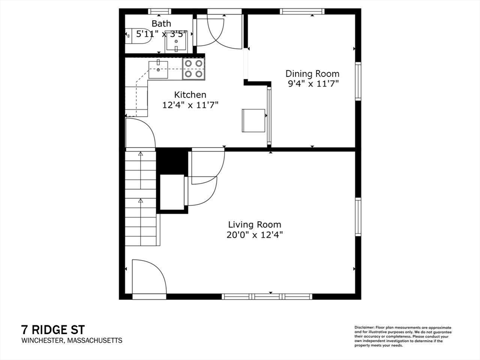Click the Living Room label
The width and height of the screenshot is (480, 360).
point(255,225)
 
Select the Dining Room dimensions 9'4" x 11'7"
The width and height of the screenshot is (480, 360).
point(312,84)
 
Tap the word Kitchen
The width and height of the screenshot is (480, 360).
point(190,95)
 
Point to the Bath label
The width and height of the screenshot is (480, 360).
point(161,23)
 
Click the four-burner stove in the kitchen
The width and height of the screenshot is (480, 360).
point(194,68)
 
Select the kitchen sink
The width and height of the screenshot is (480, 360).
point(158,69)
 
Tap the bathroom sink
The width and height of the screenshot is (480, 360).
point(176,42)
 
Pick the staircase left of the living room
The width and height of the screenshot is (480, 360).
point(141,197)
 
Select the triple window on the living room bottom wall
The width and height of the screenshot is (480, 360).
point(267,296)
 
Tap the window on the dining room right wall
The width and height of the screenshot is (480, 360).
point(358,82)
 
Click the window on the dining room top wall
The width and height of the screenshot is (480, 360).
point(301,11)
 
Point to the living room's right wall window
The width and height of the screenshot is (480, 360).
point(358,217)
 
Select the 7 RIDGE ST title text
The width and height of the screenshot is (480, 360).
point(52,330)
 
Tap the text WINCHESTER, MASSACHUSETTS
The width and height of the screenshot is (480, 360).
point(71,341)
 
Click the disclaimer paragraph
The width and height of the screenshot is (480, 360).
point(403,336)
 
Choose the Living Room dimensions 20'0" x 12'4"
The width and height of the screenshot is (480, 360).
point(255,235)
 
